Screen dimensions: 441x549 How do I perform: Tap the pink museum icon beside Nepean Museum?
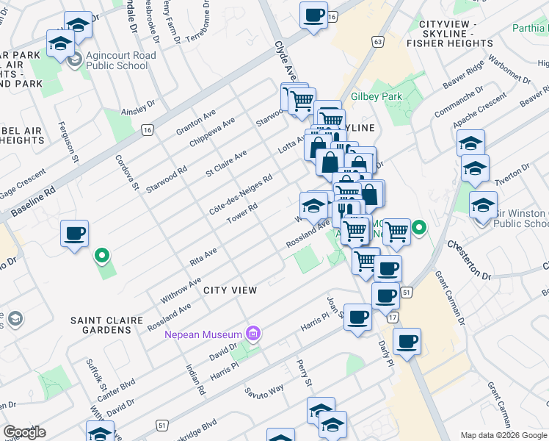coord(254,334)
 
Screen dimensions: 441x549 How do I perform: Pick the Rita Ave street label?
coord(203,257)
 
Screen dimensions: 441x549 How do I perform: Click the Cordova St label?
coord(126,171)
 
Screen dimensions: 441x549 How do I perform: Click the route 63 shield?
coord(378,42)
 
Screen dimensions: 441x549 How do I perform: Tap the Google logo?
coord(24,432)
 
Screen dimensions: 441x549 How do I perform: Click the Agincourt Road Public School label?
coord(120,60)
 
